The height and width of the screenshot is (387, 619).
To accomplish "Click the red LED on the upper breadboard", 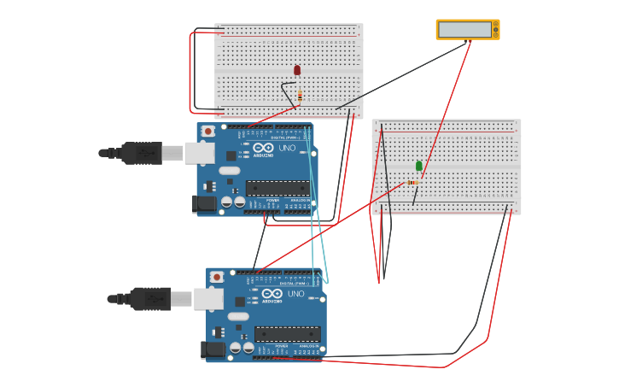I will point(297,70).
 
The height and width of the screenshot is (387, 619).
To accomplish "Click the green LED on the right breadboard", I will point(419,166).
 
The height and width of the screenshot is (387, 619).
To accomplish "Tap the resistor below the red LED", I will point(300,95).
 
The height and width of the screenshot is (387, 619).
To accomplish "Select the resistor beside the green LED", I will point(412,182).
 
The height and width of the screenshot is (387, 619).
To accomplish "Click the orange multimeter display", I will point(467,30).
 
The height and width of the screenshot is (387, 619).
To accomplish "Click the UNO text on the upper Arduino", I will point(287,148).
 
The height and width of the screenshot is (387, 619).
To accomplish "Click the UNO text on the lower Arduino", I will point(295,293).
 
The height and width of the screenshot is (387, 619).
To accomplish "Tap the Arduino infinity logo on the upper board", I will point(263,149).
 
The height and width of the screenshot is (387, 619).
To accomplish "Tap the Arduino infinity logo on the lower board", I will point(272,294).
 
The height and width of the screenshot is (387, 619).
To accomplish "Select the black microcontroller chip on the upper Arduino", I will point(277,188).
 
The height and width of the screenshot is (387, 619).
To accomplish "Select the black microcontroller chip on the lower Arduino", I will point(287,333).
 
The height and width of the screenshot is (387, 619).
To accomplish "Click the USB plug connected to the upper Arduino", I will point(141,153).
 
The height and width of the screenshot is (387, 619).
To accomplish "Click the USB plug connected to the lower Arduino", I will point(149,299).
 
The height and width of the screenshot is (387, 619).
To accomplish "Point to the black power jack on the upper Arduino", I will point(205,203).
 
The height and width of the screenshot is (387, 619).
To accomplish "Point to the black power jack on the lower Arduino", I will point(213,349).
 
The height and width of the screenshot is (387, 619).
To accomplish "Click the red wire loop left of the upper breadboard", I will point(190,73).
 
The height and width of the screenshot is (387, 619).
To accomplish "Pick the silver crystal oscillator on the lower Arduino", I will point(238,315).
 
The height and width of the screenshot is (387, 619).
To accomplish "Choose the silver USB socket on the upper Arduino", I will point(199,153).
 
